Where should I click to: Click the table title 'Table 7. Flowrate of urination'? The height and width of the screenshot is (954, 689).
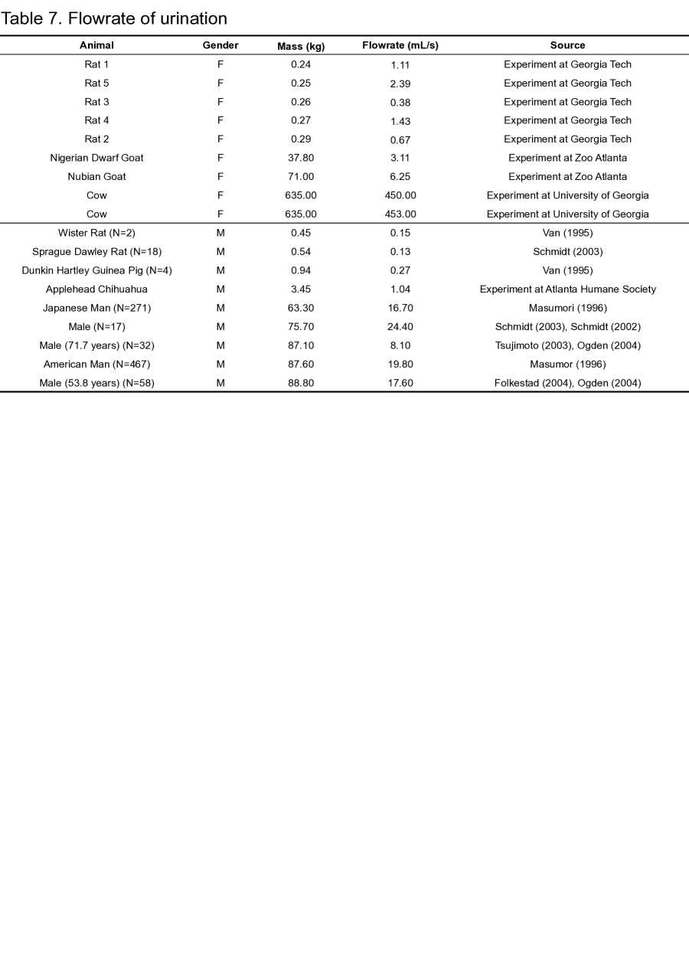tap(114, 18)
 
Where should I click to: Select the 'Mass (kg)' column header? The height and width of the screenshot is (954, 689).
tap(301, 46)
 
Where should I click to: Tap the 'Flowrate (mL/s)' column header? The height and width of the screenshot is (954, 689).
tap(400, 45)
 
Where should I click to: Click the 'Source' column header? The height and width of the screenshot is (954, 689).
tap(567, 45)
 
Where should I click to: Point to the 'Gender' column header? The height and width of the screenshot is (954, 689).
tap(220, 45)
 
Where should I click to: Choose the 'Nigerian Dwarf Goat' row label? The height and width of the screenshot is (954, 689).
tap(96, 158)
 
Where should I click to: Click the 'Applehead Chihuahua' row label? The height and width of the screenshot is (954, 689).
tap(96, 289)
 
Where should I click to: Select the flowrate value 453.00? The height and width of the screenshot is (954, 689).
tap(400, 214)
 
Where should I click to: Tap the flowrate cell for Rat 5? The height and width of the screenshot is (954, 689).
tap(400, 83)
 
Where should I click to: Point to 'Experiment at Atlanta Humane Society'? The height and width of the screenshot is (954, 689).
tap(567, 289)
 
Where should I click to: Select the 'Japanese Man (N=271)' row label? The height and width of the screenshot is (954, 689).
tap(96, 308)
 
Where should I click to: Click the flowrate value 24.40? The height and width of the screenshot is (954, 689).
tap(400, 327)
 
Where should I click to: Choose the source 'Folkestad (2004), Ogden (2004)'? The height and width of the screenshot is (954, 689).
tap(567, 383)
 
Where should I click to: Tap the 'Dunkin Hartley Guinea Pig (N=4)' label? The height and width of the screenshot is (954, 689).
tap(96, 270)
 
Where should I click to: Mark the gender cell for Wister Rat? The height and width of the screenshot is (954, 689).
tap(220, 233)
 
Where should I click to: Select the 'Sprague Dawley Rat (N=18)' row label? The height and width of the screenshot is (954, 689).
tap(96, 252)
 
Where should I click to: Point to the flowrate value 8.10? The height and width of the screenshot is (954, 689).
tap(400, 345)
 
